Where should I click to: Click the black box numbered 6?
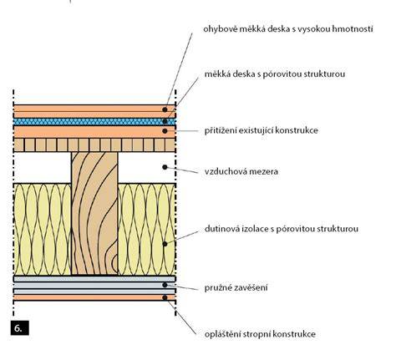(x=20, y=327)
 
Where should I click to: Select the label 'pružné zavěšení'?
(x=236, y=287)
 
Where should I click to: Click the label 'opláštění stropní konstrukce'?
(x=260, y=334)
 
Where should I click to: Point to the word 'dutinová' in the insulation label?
(x=222, y=229)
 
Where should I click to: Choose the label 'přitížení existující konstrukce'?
(x=261, y=130)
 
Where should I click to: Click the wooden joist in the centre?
(x=94, y=213)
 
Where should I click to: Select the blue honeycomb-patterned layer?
(x=94, y=122)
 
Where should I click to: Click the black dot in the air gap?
(x=165, y=167)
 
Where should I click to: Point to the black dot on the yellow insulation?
(x=165, y=244)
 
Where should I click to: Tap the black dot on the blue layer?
(x=165, y=121)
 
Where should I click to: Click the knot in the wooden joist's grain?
(x=114, y=264)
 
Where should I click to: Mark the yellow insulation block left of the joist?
(x=43, y=229)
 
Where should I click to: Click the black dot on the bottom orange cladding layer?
(x=165, y=297)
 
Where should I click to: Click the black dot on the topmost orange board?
(x=165, y=109)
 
